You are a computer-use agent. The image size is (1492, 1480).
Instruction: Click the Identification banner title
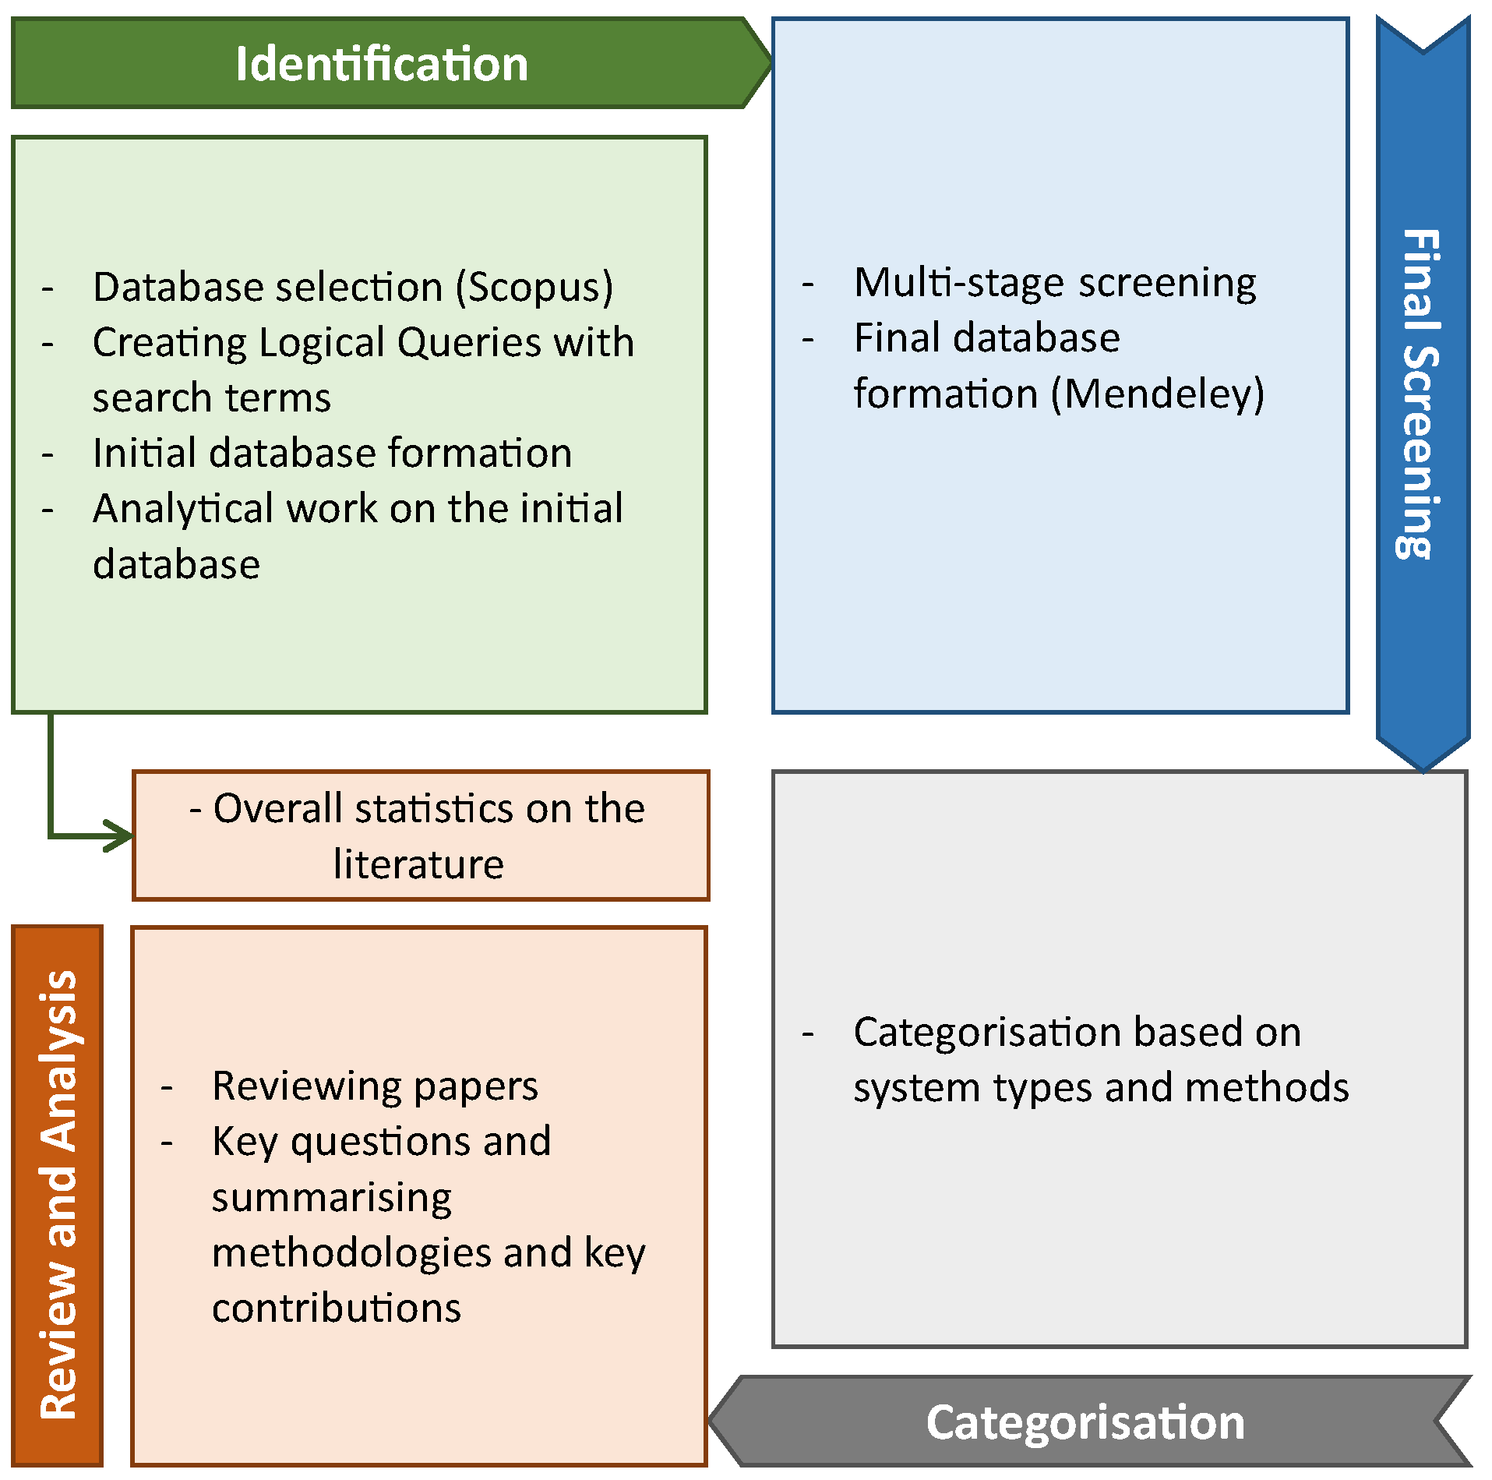[x=382, y=64]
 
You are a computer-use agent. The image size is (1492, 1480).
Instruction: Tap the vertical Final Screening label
[x=1420, y=394]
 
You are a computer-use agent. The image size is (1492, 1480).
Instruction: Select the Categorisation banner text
[x=1085, y=1422]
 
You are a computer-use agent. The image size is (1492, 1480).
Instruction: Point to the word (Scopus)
[x=534, y=288]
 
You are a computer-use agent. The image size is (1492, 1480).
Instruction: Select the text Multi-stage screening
[x=1055, y=283]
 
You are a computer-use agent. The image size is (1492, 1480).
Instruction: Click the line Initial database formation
[x=332, y=454]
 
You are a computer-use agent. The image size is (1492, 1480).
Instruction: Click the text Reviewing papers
[x=375, y=1086]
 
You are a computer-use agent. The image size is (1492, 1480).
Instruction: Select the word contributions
[x=336, y=1309]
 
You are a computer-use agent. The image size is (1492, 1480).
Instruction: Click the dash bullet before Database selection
[x=48, y=288]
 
